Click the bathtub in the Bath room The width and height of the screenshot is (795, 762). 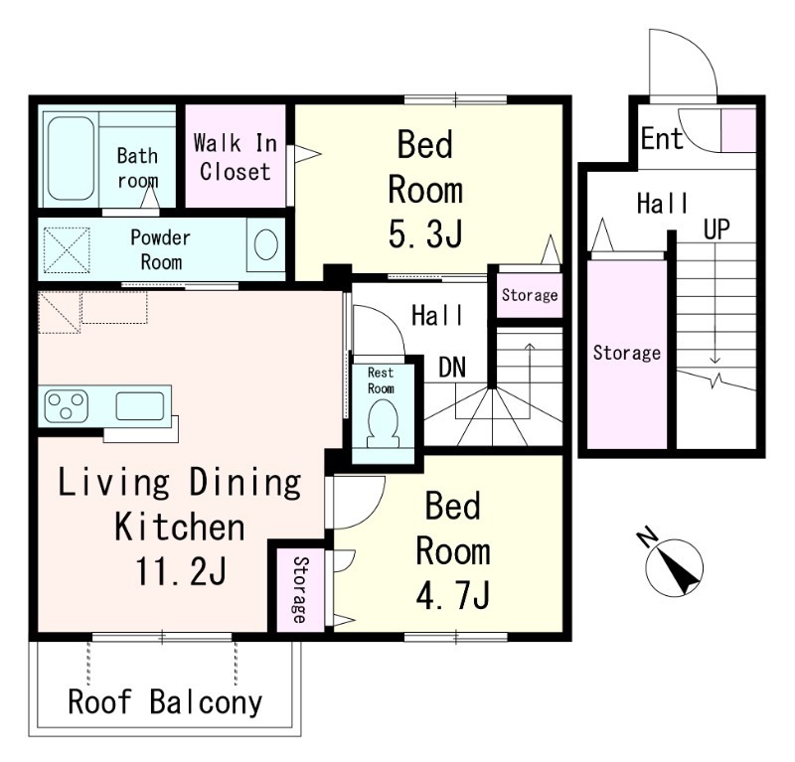point(72,159)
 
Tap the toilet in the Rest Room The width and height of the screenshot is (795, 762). point(383,423)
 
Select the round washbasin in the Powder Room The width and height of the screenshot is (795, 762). point(266,244)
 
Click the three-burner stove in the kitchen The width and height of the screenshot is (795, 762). point(66,405)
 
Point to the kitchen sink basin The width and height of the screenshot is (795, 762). point(140,406)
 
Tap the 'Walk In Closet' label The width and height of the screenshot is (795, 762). point(235,157)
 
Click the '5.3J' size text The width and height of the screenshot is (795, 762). point(425,234)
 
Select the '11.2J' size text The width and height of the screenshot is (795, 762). point(180,571)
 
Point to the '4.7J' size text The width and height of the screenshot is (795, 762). point(453,596)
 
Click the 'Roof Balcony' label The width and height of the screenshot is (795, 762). point(165,702)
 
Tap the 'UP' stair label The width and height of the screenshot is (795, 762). point(716,229)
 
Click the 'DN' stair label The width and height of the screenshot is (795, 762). point(452,368)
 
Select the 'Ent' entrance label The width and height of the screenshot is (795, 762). point(662,138)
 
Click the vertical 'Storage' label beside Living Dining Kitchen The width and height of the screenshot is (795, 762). point(300,589)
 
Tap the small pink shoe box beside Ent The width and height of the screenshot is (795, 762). point(738,130)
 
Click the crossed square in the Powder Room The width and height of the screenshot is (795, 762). point(67,250)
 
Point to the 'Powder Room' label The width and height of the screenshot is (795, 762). point(161,250)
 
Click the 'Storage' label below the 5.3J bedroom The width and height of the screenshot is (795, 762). point(530,294)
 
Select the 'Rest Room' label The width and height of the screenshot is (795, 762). point(381,381)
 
